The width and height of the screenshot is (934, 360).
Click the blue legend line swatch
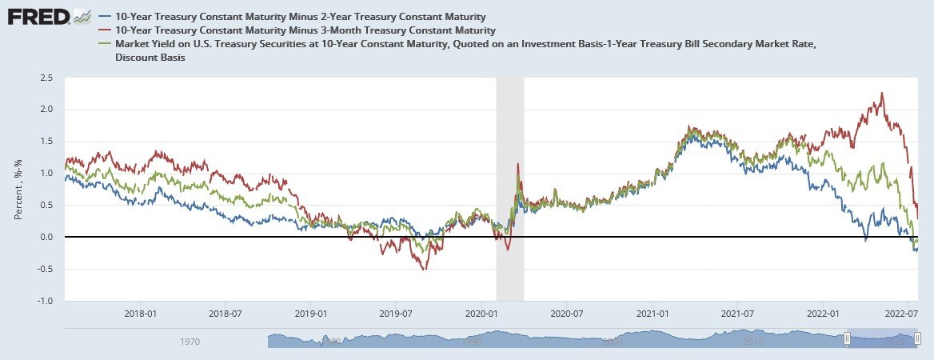click(105, 16)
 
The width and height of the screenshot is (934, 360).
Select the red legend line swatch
click(105, 30)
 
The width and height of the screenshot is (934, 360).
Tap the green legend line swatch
click(105, 43)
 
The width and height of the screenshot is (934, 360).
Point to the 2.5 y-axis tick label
click(46, 78)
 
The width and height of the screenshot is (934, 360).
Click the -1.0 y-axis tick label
click(44, 302)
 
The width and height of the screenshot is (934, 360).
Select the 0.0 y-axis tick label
click(46, 238)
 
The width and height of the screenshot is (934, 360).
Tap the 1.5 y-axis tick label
click(46, 142)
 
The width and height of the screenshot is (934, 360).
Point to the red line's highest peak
click(881, 93)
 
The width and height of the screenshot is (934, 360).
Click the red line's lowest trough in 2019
click(425, 269)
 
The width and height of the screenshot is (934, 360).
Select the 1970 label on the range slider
click(190, 342)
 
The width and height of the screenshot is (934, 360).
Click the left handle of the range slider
click(848, 339)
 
